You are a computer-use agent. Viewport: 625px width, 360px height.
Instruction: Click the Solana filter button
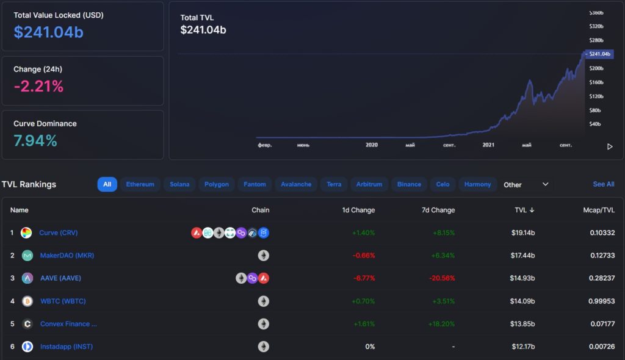(x=179, y=184)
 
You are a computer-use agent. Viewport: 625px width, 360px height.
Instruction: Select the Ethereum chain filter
(x=140, y=184)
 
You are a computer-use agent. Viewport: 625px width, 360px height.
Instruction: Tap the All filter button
(x=107, y=184)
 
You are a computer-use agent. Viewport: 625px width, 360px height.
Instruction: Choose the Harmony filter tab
(x=477, y=184)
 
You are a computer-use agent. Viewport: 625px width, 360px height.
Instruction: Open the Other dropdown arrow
(x=546, y=184)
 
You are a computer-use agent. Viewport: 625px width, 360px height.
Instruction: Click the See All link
(x=603, y=184)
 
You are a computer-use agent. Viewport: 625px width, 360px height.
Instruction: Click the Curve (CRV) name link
(x=59, y=232)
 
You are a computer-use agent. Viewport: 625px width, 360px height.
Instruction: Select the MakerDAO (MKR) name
(x=67, y=255)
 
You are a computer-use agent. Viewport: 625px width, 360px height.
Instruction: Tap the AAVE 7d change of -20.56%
(x=441, y=278)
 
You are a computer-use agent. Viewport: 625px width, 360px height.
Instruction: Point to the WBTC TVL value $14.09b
(x=523, y=301)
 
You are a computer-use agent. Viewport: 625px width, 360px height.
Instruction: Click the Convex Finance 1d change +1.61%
(x=364, y=324)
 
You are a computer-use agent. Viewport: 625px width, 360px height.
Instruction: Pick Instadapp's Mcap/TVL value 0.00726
(x=602, y=347)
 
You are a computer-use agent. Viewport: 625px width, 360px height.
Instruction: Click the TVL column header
(x=524, y=210)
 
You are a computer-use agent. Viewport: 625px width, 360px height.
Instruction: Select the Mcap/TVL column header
(x=599, y=210)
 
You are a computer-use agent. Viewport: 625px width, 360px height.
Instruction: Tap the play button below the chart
(x=609, y=146)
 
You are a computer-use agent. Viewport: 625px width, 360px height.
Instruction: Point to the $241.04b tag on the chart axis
(x=599, y=54)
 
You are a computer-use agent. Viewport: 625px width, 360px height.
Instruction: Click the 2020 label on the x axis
(x=372, y=145)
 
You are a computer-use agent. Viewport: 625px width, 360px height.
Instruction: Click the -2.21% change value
(x=38, y=87)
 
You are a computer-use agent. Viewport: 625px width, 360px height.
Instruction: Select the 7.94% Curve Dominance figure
(x=35, y=141)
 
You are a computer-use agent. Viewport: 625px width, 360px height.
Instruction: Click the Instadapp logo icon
(x=27, y=347)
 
